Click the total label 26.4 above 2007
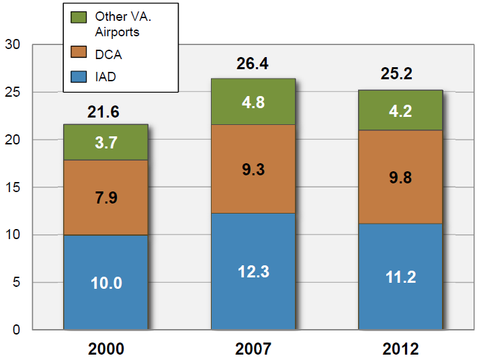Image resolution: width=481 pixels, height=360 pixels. (253, 64)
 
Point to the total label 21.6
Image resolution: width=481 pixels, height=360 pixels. (103, 112)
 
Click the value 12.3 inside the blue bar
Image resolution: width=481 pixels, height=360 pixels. (253, 272)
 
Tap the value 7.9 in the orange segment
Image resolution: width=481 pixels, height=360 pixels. (105, 198)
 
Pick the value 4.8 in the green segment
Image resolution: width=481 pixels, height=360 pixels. (253, 103)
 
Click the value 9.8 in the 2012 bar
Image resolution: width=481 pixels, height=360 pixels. (400, 177)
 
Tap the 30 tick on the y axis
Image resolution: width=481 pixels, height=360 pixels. (13, 45)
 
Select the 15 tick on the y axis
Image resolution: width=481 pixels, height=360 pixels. (13, 187)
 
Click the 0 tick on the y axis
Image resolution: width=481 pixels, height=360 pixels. (17, 330)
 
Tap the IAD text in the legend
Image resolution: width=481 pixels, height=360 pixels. (105, 77)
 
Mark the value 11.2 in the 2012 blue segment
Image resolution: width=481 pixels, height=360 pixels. (400, 277)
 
